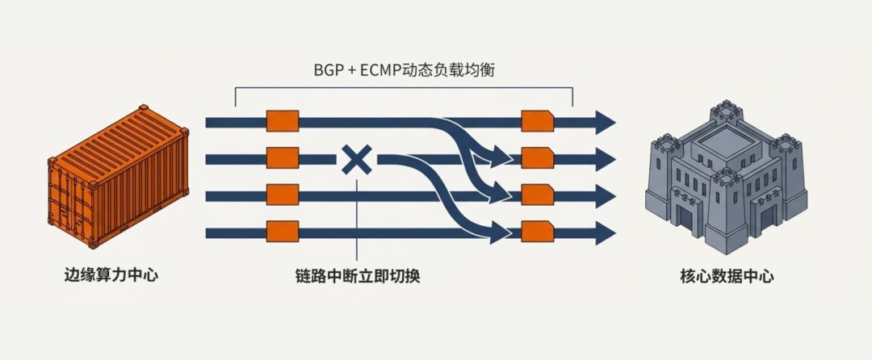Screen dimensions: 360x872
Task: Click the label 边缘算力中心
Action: pos(111,275)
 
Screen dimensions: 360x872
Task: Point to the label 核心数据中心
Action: pos(727,276)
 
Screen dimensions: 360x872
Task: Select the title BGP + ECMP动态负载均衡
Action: pos(404,69)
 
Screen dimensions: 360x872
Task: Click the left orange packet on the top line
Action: pos(283,121)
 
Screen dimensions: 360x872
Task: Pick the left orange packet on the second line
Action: pos(283,158)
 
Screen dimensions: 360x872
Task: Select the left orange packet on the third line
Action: pos(283,195)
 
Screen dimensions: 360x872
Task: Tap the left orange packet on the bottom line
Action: pos(283,233)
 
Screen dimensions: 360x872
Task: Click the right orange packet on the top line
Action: pos(538,121)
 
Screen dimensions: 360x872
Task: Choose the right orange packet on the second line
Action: pos(538,158)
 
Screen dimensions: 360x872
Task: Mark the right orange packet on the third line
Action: pos(538,195)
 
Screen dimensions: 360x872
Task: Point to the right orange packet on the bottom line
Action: pos(538,233)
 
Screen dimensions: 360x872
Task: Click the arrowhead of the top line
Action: pos(606,122)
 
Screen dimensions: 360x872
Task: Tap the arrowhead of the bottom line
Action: pos(606,233)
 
